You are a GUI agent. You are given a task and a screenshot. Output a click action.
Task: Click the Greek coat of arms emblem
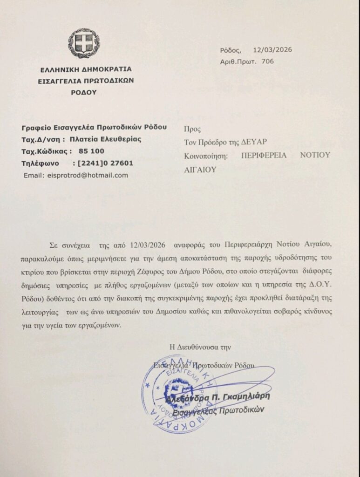point(84,43)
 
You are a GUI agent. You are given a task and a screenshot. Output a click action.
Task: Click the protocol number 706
point(268,61)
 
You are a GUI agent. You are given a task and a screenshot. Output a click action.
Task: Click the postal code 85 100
point(92,151)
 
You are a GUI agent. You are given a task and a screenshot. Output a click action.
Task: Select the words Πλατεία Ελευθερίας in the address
point(103,139)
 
